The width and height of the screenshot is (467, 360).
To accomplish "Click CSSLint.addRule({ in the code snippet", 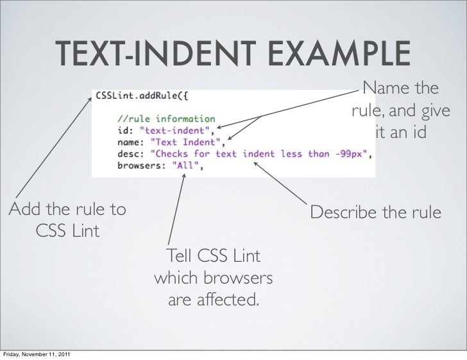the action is tap(142, 96).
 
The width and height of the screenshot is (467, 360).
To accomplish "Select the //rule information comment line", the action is tap(167, 119).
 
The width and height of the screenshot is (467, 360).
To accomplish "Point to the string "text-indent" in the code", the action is tap(169, 130).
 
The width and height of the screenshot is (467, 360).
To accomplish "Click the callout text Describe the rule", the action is tap(376, 211).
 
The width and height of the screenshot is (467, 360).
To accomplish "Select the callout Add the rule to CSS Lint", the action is tap(67, 219).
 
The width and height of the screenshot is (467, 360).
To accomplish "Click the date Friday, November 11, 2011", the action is tap(37, 355).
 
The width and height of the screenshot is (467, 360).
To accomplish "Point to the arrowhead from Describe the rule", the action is tap(256, 163).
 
